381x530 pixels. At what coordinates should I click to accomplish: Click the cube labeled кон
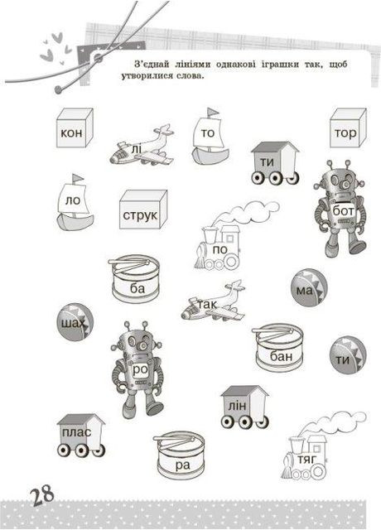(x=75, y=128)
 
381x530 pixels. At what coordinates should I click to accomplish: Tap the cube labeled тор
(x=348, y=128)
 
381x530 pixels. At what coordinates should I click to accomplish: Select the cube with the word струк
(x=143, y=210)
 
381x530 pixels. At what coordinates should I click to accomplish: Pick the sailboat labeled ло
(x=75, y=202)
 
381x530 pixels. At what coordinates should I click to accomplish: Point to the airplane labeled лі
(x=142, y=146)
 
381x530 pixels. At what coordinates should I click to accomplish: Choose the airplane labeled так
(x=213, y=301)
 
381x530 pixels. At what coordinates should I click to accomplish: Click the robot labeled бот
(x=340, y=209)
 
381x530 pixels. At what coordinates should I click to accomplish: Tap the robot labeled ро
(x=137, y=369)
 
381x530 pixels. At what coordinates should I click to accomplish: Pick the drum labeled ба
(x=134, y=279)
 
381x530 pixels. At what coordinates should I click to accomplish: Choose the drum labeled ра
(x=179, y=455)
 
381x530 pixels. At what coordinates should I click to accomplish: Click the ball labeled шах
(x=75, y=322)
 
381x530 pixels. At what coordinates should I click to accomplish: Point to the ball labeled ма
(x=309, y=287)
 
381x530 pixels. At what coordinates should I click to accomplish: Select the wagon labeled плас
(x=81, y=436)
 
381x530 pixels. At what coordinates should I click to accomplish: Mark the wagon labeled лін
(x=245, y=407)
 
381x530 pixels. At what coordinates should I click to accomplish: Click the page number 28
(x=43, y=495)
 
